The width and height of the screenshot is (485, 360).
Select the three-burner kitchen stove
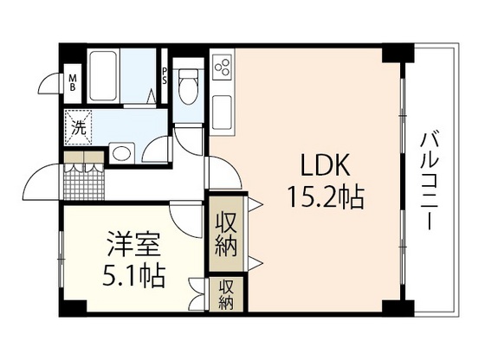(223, 67)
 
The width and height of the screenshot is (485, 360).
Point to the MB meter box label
(74, 83)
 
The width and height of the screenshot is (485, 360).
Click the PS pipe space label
(165, 76)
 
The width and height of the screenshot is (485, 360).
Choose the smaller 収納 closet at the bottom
(227, 295)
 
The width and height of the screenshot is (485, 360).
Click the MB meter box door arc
(48, 86)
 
